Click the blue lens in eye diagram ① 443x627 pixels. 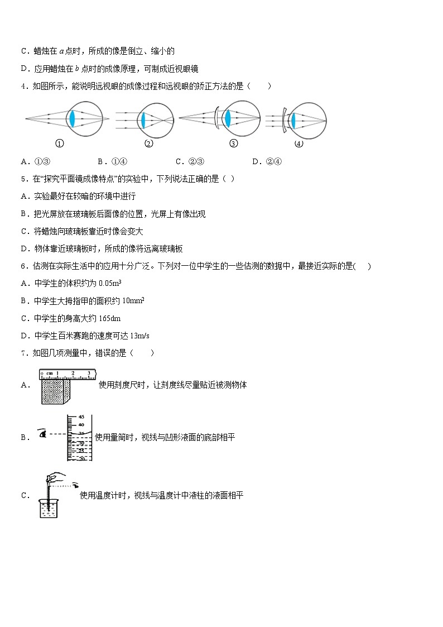71,119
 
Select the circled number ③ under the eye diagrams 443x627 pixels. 234,143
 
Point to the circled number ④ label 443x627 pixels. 298,143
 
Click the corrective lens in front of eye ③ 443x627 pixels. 216,118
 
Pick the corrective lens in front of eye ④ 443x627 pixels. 284,119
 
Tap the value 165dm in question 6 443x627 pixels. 109,318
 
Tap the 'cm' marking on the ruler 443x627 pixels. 50,373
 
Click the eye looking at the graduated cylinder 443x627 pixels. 41,433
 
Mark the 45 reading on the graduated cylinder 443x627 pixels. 80,417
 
